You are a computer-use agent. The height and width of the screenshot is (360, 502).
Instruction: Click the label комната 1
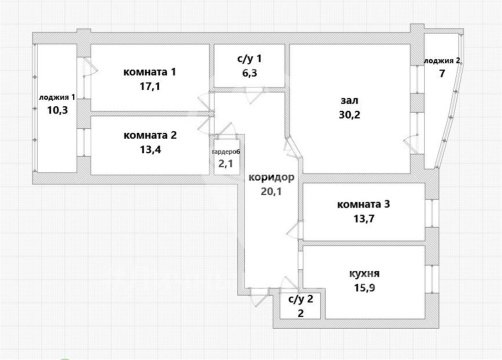click(150, 71)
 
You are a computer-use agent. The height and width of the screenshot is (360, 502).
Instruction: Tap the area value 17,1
click(150, 88)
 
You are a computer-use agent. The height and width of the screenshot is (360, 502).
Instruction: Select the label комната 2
click(151, 134)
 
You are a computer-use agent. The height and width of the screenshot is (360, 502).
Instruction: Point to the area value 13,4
click(151, 151)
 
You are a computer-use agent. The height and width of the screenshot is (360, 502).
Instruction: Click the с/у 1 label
click(247, 56)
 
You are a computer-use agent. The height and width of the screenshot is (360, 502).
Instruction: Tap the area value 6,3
click(247, 72)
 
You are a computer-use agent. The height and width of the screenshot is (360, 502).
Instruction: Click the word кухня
click(363, 272)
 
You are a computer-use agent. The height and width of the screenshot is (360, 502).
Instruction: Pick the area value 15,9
click(363, 290)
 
